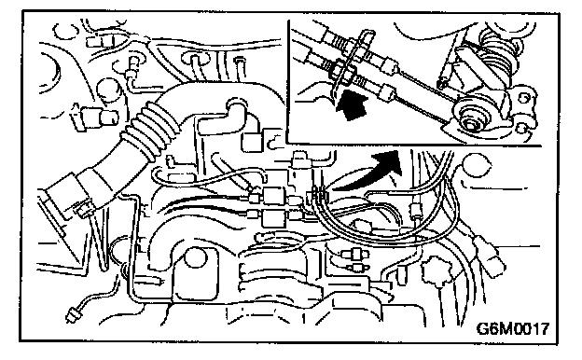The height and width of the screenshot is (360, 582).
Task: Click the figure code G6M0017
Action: pyautogui.click(x=512, y=328)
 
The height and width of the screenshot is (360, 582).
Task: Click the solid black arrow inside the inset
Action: pyautogui.click(x=351, y=105)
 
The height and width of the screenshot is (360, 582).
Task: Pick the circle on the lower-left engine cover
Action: pyautogui.click(x=196, y=258)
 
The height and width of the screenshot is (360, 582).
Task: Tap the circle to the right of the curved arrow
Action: pyautogui.click(x=478, y=166)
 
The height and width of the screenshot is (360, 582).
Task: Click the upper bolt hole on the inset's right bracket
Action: pyautogui.click(x=524, y=98)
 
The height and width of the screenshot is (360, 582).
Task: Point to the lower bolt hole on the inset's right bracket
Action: pyautogui.click(x=522, y=128)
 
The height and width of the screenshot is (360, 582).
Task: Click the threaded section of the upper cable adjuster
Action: pyautogui.click(x=339, y=43)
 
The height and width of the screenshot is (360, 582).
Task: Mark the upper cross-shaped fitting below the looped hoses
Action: pyautogui.click(x=355, y=255)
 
